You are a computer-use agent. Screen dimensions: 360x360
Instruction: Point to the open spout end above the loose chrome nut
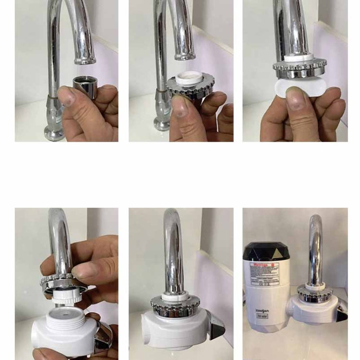click(x=85, y=60)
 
